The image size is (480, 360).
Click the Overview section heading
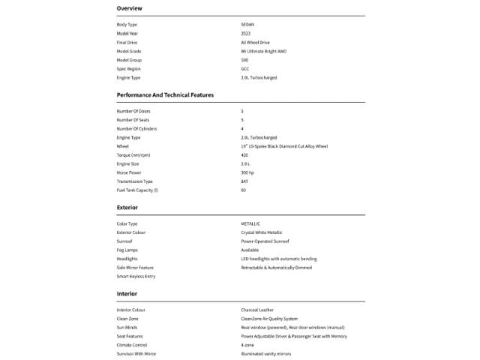click(130, 8)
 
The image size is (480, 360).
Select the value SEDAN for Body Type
click(247, 25)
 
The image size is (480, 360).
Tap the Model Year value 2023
click(246, 34)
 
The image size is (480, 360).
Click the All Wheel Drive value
click(255, 43)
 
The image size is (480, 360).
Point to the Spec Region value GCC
click(245, 69)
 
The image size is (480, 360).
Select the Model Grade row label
click(130, 52)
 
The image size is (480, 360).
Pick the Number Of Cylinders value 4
click(242, 129)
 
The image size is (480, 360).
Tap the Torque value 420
click(244, 154)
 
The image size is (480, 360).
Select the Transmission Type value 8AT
click(244, 181)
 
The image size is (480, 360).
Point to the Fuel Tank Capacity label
click(137, 190)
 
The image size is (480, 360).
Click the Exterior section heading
click(127, 207)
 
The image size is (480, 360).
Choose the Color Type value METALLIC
click(250, 224)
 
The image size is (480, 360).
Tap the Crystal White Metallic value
click(262, 232)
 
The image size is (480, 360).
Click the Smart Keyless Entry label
click(136, 277)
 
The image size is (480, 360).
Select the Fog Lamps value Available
click(250, 250)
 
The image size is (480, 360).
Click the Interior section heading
click(127, 293)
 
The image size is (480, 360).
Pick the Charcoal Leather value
click(258, 310)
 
